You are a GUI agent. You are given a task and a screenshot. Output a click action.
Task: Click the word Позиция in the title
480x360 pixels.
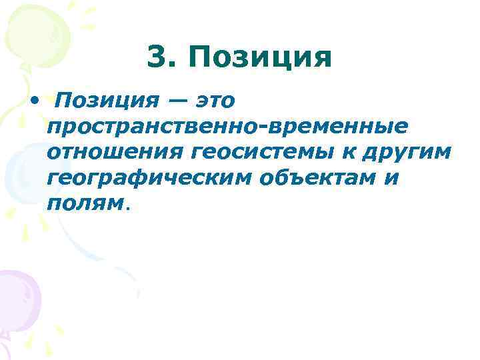[259, 59]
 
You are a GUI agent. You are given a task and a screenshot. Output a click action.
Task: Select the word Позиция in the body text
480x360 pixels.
[106, 101]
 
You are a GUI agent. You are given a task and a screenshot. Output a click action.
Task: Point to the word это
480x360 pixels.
[215, 101]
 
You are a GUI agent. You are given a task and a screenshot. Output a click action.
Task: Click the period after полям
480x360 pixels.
[127, 207]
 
